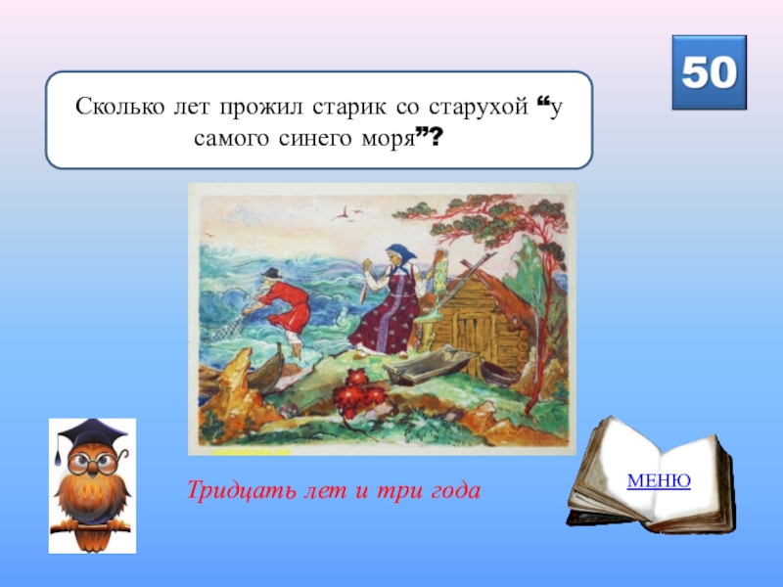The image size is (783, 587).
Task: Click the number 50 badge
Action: [709, 72]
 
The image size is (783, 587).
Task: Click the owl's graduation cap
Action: [89, 432]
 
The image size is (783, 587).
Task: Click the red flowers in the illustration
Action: [359, 396]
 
